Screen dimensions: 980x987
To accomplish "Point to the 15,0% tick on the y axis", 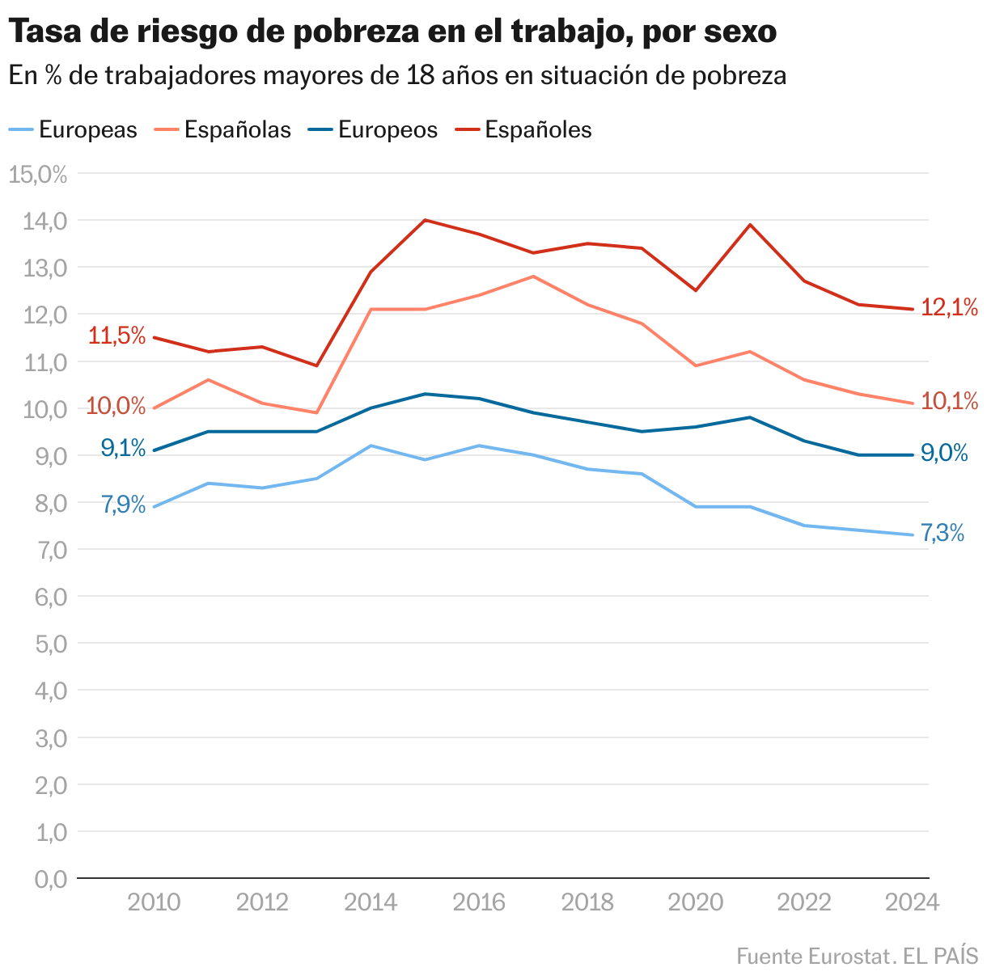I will (x=38, y=174).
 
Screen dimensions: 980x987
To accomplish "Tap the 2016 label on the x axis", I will (x=479, y=902).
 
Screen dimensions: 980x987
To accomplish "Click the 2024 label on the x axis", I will (x=912, y=902).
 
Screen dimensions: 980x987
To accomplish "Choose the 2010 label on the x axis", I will (x=154, y=902).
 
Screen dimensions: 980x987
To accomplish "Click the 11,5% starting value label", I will (x=116, y=336).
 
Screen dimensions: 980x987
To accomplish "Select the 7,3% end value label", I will (x=943, y=534).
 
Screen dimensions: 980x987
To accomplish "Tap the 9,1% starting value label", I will (x=123, y=447).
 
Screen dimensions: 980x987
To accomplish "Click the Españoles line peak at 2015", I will (x=425, y=220).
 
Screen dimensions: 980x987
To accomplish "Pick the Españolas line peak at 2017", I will (x=533, y=277).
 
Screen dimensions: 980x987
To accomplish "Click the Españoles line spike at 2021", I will (x=750, y=225).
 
